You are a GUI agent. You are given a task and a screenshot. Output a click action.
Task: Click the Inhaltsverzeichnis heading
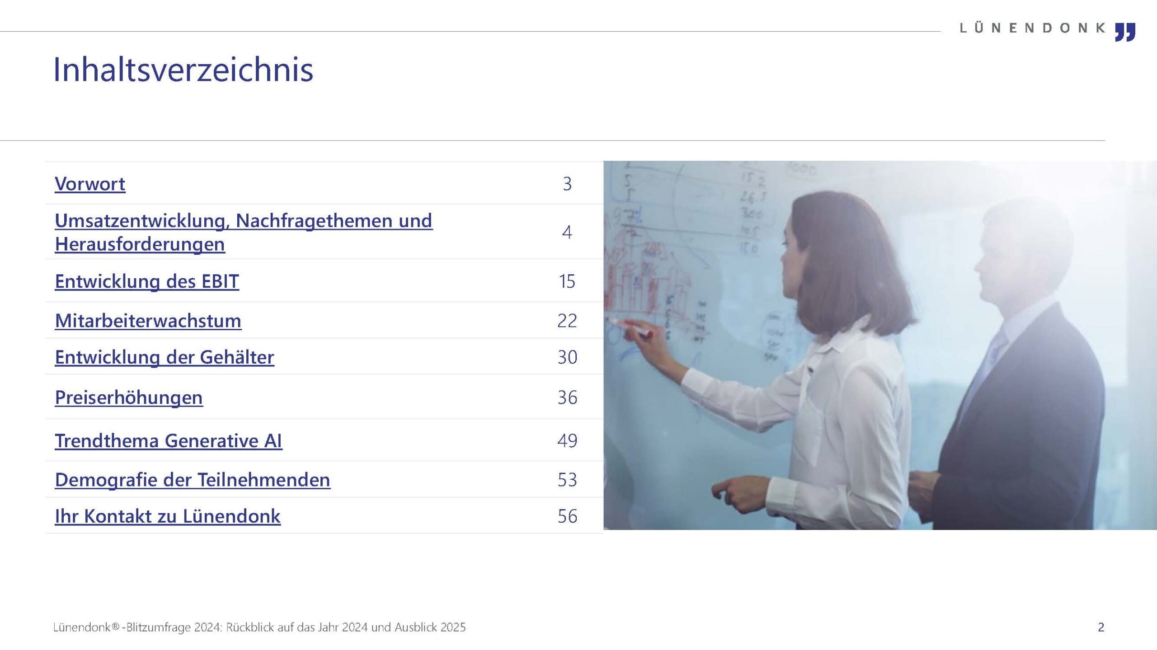click(183, 70)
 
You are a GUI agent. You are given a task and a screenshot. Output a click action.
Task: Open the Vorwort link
click(90, 184)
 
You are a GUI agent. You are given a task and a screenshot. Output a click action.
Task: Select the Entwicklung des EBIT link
click(147, 281)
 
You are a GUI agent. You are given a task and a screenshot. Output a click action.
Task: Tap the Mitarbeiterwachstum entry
click(148, 321)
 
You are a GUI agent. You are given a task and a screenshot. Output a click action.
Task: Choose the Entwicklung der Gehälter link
click(165, 357)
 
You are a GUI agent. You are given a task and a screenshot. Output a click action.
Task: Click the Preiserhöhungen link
click(129, 397)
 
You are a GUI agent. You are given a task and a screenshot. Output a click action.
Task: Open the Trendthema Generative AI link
click(169, 440)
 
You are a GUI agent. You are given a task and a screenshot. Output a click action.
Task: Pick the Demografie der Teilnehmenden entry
click(193, 480)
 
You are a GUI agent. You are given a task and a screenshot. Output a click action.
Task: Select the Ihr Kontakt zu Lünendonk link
click(168, 516)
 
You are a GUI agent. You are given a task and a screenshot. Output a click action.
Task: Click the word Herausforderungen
click(140, 244)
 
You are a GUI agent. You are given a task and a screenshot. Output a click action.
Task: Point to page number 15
click(567, 281)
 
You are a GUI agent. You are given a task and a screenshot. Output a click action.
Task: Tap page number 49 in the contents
click(567, 440)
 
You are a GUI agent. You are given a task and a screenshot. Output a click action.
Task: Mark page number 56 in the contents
click(567, 516)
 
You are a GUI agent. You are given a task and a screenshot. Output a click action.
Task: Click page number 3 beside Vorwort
click(567, 184)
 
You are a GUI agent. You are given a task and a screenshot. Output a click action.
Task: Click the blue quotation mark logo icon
click(1125, 32)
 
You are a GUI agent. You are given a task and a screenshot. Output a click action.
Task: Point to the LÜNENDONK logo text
click(1032, 28)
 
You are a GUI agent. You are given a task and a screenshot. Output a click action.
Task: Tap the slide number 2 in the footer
click(1101, 627)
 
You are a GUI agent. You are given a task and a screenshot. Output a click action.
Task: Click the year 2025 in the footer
click(453, 627)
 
